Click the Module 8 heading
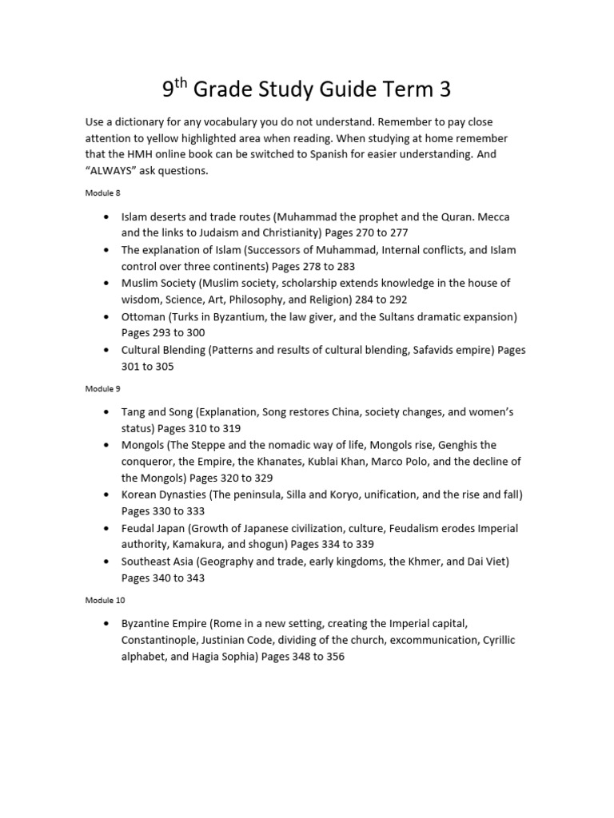point(103,193)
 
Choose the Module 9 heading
point(103,388)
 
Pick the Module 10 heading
point(105,600)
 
